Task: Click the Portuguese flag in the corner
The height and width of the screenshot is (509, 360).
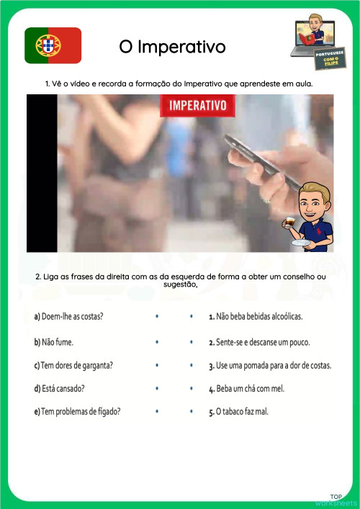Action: pyautogui.click(x=53, y=45)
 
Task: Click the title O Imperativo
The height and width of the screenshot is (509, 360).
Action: pyautogui.click(x=173, y=47)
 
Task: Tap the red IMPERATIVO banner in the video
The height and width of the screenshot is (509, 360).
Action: pyautogui.click(x=197, y=107)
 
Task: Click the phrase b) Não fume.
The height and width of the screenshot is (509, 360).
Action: pyautogui.click(x=53, y=341)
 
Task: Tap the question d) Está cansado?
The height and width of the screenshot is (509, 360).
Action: pyautogui.click(x=59, y=389)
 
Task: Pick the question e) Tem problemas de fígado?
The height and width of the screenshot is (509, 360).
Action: pyautogui.click(x=77, y=412)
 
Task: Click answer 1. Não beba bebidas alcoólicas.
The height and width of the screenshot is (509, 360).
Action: pyautogui.click(x=256, y=317)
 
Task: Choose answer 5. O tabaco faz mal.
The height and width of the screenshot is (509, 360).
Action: pyautogui.click(x=243, y=412)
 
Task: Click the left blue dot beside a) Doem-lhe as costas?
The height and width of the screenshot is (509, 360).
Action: pyautogui.click(x=156, y=317)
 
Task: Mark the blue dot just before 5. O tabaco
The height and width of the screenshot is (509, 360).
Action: pyautogui.click(x=191, y=412)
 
